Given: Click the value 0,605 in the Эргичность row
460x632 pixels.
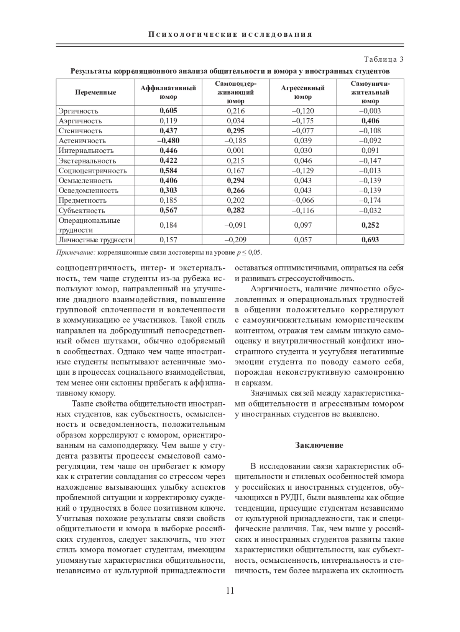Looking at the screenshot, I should click(168, 111).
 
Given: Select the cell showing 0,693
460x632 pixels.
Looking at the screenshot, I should click(370, 240).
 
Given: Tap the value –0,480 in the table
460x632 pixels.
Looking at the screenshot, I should click(168, 140).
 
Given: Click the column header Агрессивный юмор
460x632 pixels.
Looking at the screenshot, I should click(303, 92).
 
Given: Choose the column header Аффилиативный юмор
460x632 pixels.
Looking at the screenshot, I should click(168, 92).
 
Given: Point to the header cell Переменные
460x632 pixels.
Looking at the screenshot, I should click(95, 92).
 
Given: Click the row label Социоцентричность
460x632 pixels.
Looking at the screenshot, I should click(92, 171).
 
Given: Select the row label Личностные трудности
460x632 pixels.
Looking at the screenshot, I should click(95, 240).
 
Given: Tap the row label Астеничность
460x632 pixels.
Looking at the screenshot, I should click(82, 140).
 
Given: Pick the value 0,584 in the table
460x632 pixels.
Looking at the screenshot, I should click(168, 171).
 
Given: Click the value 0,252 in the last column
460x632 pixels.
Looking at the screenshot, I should click(370, 225).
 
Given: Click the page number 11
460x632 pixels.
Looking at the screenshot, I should click(230, 590).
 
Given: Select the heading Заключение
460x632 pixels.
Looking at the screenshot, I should click(319, 445).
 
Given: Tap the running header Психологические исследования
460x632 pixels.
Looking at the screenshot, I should click(230, 34).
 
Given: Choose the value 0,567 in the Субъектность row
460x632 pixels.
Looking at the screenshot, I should click(168, 210).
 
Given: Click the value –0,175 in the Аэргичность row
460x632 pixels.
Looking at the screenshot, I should click(303, 121).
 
